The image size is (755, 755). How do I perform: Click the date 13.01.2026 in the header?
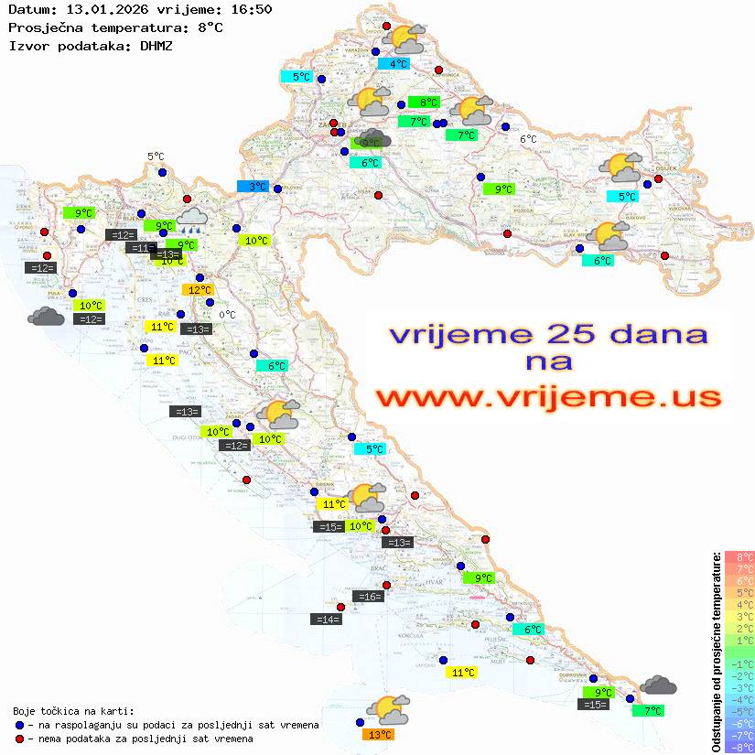point(102,9)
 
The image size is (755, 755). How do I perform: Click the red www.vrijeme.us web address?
point(549,397)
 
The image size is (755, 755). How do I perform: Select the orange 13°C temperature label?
point(380,734)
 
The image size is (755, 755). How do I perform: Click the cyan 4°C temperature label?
point(398,64)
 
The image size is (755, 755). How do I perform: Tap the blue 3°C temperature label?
point(253,187)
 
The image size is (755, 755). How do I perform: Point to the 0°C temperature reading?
point(227,316)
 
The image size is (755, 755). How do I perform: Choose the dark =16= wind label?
point(368,597)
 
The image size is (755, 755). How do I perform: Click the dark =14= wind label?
point(327,620)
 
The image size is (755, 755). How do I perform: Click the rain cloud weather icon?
point(192,217)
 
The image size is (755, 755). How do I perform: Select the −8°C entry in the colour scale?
point(739,747)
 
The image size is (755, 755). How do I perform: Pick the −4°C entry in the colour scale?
point(739,699)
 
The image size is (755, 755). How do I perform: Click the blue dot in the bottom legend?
point(19,725)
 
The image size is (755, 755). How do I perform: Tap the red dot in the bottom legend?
point(19,739)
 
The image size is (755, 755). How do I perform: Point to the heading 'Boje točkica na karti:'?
point(73,711)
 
